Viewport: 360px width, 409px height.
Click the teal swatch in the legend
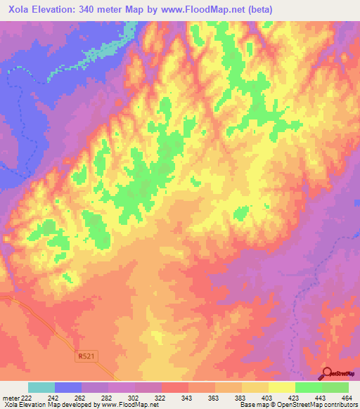point(41,387)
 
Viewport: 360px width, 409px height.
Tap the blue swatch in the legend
point(68,387)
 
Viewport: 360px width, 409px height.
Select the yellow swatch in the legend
point(281,387)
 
